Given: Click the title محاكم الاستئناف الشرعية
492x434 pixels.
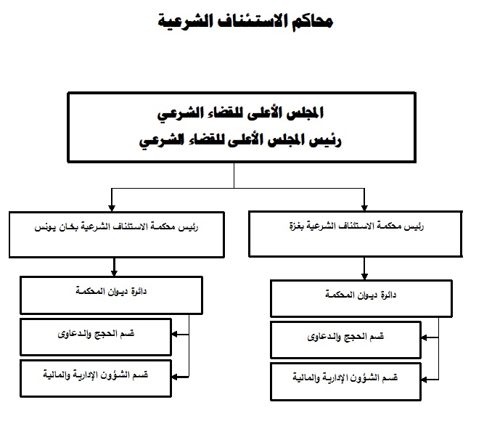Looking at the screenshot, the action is (245, 21).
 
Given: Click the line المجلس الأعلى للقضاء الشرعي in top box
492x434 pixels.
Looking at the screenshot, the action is (240, 114).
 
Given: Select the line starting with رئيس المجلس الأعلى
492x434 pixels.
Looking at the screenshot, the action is (240, 140).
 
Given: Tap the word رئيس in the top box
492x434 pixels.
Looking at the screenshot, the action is (325, 140).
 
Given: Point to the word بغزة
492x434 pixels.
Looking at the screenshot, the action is (296, 226).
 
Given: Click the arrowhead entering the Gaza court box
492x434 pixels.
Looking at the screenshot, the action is (364, 208).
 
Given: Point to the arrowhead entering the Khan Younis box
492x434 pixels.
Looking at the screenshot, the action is (112, 208).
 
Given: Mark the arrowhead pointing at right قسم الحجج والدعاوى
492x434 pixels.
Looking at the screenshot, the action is (425, 337).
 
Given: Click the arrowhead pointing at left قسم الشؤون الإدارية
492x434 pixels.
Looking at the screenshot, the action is (175, 377).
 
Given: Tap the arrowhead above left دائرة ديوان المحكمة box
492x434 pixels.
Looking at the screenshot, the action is (114, 273).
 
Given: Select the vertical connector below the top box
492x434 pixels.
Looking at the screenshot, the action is (234, 176).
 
